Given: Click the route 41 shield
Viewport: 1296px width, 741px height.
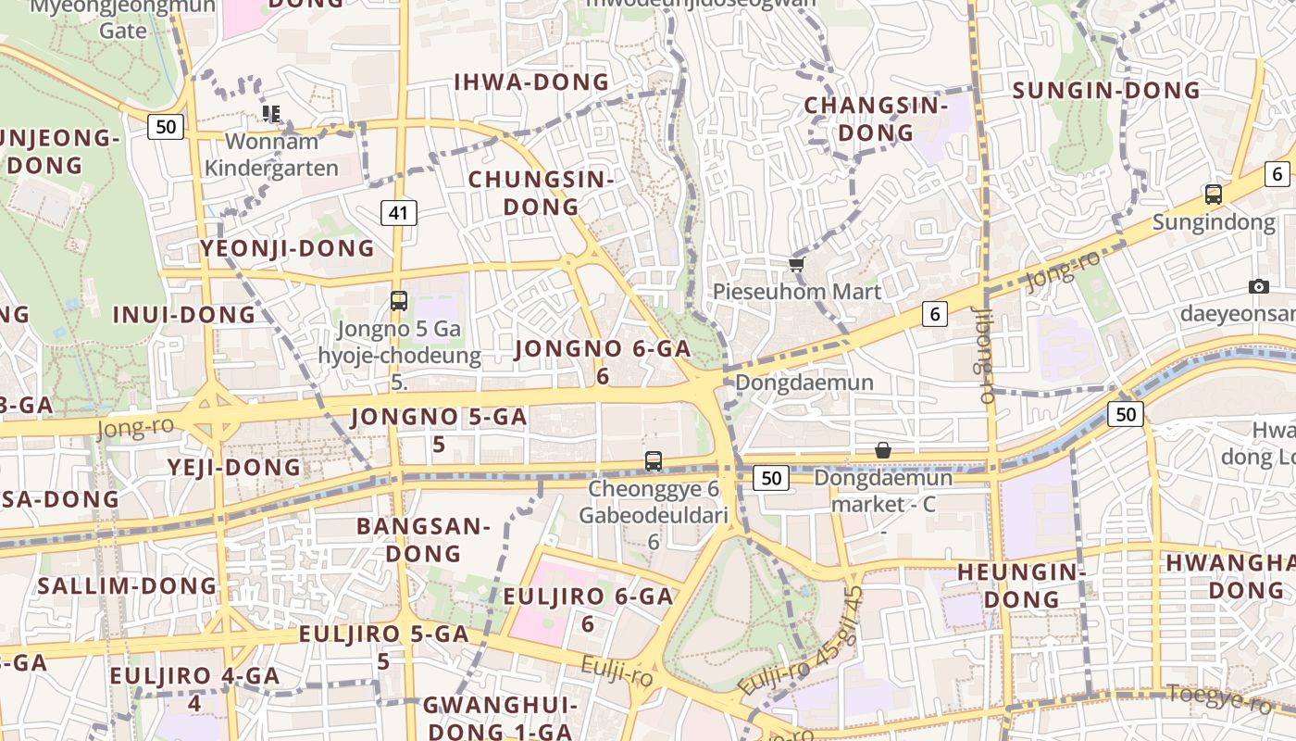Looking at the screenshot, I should tap(398, 213).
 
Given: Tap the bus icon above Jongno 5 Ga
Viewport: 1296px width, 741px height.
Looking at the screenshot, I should tap(398, 301).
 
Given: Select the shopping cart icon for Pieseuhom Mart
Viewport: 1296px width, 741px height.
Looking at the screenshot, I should tap(796, 265).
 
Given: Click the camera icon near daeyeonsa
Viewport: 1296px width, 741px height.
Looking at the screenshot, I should tap(1258, 286).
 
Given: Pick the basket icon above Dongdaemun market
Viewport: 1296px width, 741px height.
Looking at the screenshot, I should tap(883, 450).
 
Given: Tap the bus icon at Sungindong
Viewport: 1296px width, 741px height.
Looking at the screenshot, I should tap(1213, 195).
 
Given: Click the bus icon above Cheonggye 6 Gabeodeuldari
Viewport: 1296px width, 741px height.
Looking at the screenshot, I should tap(654, 460).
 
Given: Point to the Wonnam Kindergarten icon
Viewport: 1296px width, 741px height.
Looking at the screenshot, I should tap(271, 114).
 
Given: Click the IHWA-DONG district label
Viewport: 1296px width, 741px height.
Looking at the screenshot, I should tap(531, 82).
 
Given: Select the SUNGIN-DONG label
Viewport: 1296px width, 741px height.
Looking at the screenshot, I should tap(1106, 91).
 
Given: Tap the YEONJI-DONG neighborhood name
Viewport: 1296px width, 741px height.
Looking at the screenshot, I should tap(287, 248).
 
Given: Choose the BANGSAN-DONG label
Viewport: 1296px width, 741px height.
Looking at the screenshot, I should tap(423, 540).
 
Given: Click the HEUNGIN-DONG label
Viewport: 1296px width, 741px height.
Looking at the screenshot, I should tap(1021, 585).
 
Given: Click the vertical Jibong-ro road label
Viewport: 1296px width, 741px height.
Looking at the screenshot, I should tap(983, 357).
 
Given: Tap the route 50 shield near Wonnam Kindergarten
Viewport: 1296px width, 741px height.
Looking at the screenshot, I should tap(166, 127).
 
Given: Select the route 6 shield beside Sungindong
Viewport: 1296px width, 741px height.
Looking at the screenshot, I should tap(1277, 173).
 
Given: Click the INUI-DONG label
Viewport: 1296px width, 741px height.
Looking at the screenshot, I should tap(183, 315).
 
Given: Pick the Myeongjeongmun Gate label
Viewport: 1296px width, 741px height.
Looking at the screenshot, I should tap(123, 19).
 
